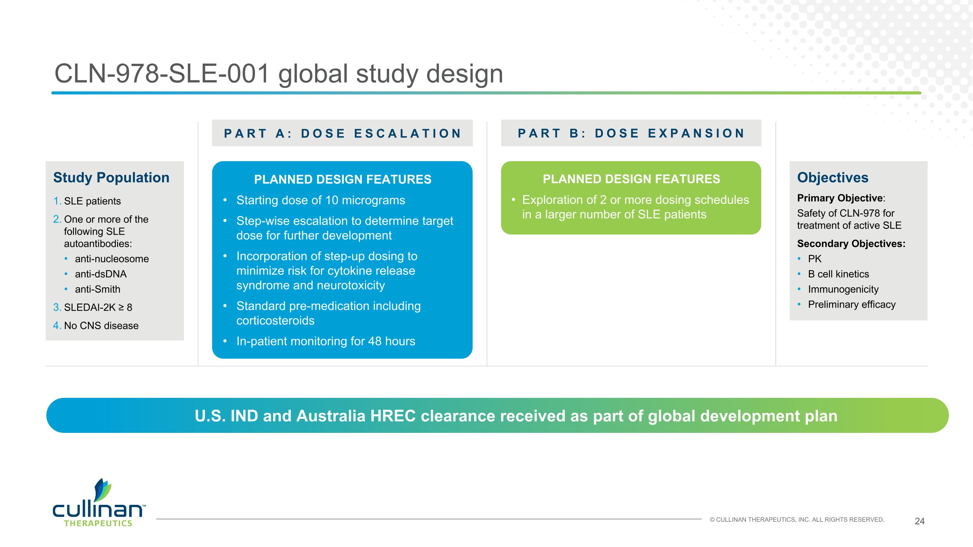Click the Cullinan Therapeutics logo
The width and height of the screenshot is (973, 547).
(99, 503)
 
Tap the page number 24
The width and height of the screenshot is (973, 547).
(919, 521)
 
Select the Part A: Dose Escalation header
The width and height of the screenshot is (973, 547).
(342, 133)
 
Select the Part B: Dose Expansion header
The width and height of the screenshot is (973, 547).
(631, 133)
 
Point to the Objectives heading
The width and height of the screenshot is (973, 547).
(833, 178)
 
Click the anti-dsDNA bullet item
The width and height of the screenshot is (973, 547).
(101, 274)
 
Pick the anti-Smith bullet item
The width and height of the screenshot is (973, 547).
(97, 289)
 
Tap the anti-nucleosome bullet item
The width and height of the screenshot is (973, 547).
(112, 259)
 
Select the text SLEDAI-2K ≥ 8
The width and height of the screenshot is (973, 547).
(98, 307)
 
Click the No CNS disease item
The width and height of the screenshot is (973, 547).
(101, 326)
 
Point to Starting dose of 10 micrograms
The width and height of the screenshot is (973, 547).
(320, 200)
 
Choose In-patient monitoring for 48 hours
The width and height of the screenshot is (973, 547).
(326, 341)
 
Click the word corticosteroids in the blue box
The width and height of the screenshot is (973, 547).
(275, 320)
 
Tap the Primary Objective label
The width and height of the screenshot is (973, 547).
(840, 198)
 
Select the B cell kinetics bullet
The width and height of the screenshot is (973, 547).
(838, 274)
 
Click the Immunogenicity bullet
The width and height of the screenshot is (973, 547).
(843, 289)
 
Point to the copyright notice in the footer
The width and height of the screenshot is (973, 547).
(797, 520)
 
